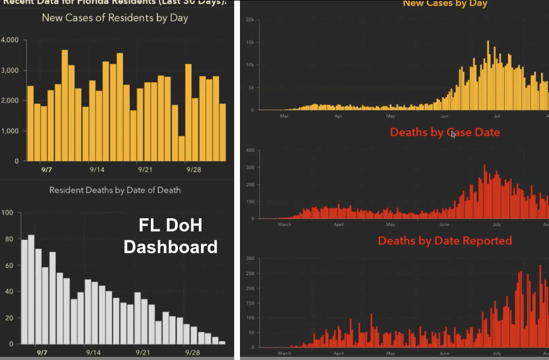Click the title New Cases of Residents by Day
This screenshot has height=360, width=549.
(x=115, y=18)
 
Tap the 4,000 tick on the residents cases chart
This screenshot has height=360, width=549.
(x=10, y=40)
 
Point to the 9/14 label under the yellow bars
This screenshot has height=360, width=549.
(x=97, y=170)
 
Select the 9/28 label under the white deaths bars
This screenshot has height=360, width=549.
(x=193, y=352)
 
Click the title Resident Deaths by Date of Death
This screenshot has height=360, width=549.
(x=115, y=190)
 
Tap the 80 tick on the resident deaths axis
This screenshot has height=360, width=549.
(x=7, y=239)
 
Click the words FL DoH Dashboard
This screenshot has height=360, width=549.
(x=170, y=236)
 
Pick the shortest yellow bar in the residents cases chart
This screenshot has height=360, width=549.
(x=181, y=149)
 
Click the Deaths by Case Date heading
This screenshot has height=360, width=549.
(x=445, y=132)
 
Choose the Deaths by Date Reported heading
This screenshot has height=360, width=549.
(x=445, y=241)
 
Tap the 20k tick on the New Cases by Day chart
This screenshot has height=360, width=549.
(x=251, y=20)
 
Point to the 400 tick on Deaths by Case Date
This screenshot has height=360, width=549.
(x=250, y=151)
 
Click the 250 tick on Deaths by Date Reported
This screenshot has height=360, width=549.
(x=250, y=273)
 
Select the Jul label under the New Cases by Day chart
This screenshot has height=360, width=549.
(x=497, y=115)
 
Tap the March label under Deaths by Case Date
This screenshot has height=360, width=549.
(x=284, y=225)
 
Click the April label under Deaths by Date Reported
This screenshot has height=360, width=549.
(x=338, y=354)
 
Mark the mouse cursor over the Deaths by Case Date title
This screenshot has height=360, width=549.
(x=453, y=134)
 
